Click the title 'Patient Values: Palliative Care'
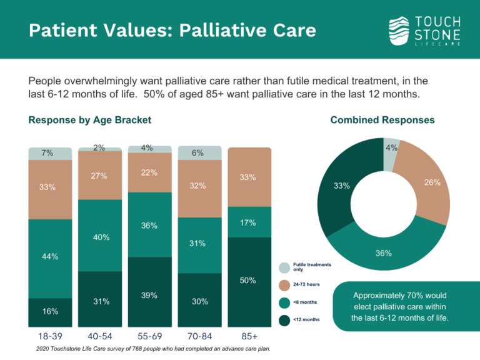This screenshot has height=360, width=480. point(172,30)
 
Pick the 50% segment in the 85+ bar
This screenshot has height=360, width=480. point(249,282)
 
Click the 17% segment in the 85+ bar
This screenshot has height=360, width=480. point(249,222)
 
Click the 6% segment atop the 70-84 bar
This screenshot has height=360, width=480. point(199,152)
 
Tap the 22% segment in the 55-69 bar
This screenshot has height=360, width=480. point(149,172)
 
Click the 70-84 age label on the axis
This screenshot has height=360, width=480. point(199,337)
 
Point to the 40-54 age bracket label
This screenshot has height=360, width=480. point(100,337)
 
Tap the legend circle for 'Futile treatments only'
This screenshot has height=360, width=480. point(284,267)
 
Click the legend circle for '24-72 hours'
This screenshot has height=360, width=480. point(284,285)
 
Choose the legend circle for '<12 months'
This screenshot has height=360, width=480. point(284,320)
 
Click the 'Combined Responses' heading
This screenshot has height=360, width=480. point(382,120)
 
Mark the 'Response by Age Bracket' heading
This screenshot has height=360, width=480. point(90,120)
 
